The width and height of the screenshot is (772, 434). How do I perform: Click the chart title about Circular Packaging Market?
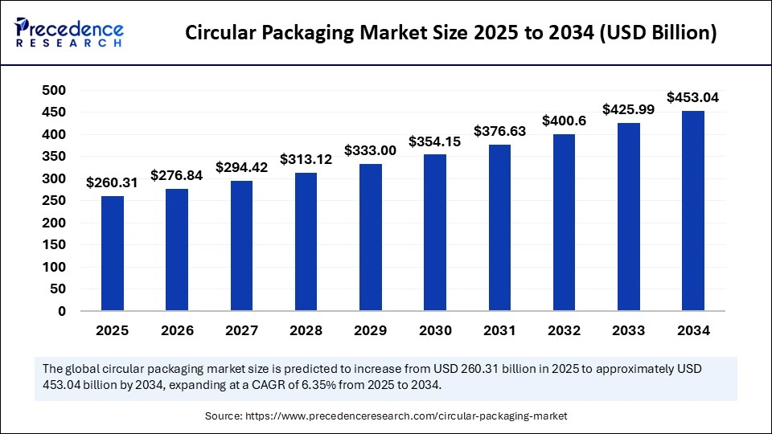[x=450, y=34]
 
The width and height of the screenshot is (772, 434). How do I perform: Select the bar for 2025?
[x=113, y=253]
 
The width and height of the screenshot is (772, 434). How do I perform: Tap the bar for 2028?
[x=306, y=242]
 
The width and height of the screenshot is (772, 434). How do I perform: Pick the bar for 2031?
[x=499, y=227]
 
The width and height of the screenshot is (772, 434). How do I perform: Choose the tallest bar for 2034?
[x=692, y=211]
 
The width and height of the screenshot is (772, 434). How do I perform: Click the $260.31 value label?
[x=113, y=183]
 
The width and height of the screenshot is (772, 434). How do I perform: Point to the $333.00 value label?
[x=370, y=151]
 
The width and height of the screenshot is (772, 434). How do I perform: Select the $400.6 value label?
[x=564, y=121]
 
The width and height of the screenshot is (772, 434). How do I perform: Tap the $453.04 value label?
[x=692, y=98]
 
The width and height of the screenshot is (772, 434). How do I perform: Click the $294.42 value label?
[x=241, y=168]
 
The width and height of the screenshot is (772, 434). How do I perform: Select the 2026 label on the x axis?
[x=177, y=330]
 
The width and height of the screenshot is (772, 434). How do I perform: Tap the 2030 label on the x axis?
[x=434, y=330]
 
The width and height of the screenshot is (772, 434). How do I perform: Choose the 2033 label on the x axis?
[x=628, y=330]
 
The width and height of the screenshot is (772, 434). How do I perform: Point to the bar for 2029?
[x=370, y=237]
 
